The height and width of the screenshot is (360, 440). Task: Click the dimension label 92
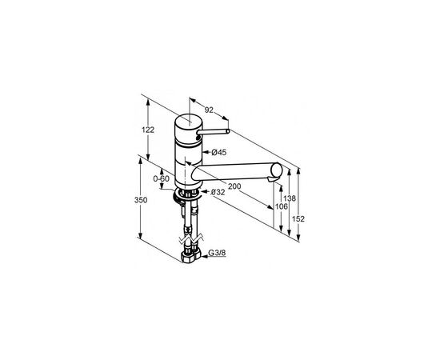pyautogui.click(x=209, y=110)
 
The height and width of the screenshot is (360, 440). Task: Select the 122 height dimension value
pyautogui.click(x=148, y=130)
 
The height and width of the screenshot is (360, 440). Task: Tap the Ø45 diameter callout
pyautogui.click(x=219, y=152)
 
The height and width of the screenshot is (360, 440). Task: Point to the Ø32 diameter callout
pyautogui.click(x=218, y=192)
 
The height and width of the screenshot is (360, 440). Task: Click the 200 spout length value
pyautogui.click(x=234, y=186)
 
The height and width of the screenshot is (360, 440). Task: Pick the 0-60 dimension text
pyautogui.click(x=161, y=178)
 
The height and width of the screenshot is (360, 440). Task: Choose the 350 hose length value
pyautogui.click(x=141, y=200)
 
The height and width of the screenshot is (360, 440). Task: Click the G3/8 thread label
pyautogui.click(x=217, y=253)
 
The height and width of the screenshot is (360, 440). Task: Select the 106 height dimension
pyautogui.click(x=281, y=206)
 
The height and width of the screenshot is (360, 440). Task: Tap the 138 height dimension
pyautogui.click(x=290, y=198)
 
